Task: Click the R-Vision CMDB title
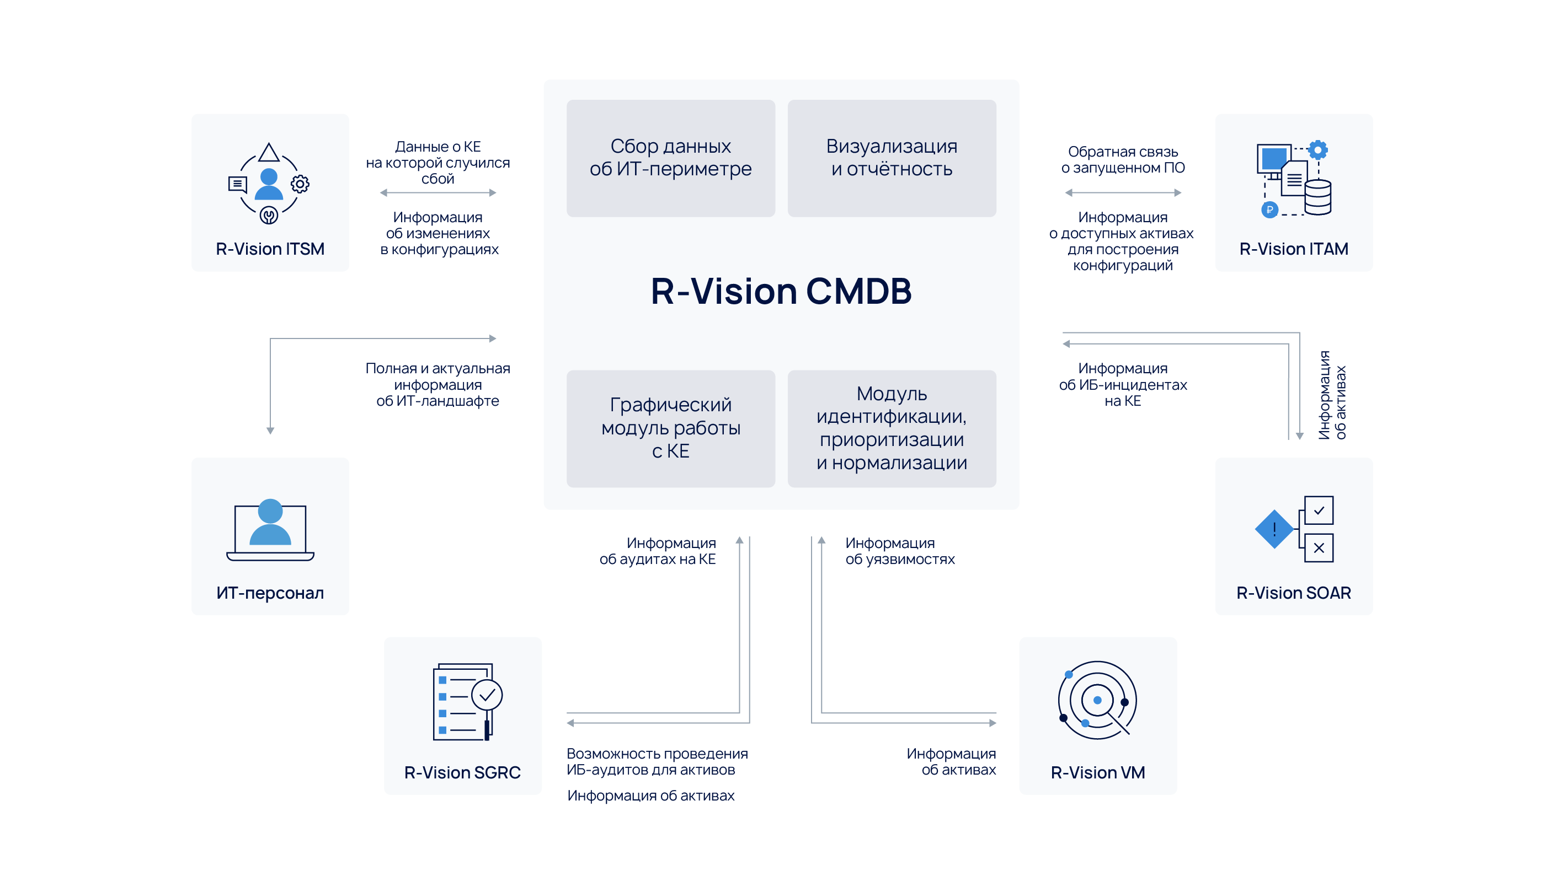point(781,292)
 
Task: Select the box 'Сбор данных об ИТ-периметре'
point(670,158)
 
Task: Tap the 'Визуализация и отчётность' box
point(892,158)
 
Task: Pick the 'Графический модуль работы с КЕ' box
point(670,428)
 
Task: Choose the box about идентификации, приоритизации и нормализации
point(892,428)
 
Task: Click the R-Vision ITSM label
point(270,249)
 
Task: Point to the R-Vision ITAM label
point(1293,249)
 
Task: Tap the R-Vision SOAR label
point(1293,593)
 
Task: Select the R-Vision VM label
point(1098,772)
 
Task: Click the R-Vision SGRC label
point(462,772)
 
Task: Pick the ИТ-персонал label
point(270,593)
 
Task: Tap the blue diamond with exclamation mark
point(1274,530)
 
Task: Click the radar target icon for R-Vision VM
point(1097,700)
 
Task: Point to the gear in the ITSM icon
point(300,184)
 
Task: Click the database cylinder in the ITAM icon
point(1317,197)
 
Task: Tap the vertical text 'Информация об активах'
point(1332,395)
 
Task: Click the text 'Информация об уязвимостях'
point(899,551)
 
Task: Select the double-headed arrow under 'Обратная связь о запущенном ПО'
point(1123,193)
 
